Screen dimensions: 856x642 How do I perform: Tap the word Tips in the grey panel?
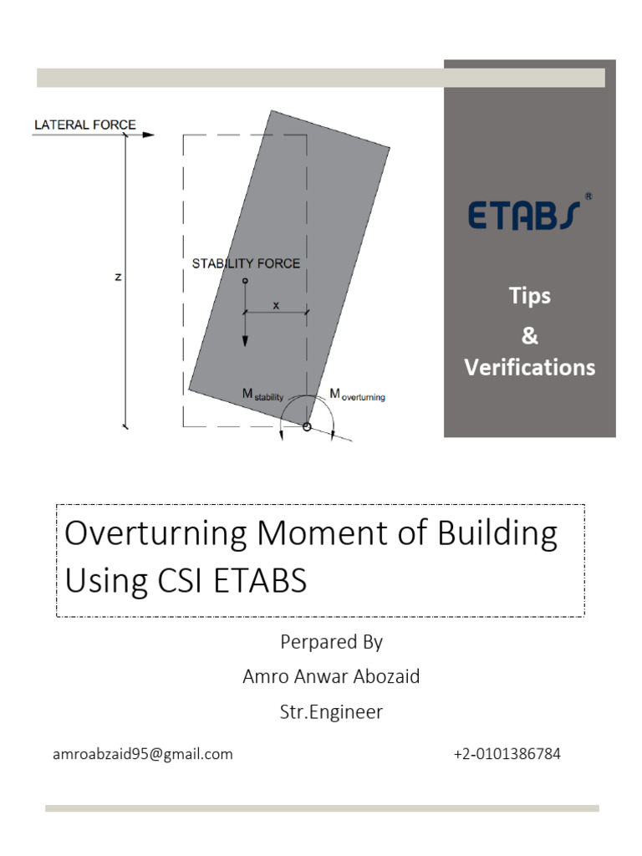point(530,296)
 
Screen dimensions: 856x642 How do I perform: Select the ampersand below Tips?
point(530,336)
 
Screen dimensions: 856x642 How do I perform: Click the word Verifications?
point(530,367)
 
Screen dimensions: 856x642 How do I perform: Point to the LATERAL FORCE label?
point(84,125)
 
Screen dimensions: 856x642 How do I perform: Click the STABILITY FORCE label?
point(246,263)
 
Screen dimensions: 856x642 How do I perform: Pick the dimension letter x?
point(277,306)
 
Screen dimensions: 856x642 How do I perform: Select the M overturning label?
point(357,395)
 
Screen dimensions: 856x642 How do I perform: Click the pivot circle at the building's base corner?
point(307,426)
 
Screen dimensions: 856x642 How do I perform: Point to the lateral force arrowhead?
point(149,134)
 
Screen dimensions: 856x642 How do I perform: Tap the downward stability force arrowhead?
point(246,340)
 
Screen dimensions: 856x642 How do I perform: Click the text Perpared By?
point(331,642)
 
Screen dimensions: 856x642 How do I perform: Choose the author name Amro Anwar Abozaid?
point(331,676)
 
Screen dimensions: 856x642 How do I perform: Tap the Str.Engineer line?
point(331,712)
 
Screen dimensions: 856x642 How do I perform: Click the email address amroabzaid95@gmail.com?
point(142,754)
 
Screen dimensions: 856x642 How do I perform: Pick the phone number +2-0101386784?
point(507,754)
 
